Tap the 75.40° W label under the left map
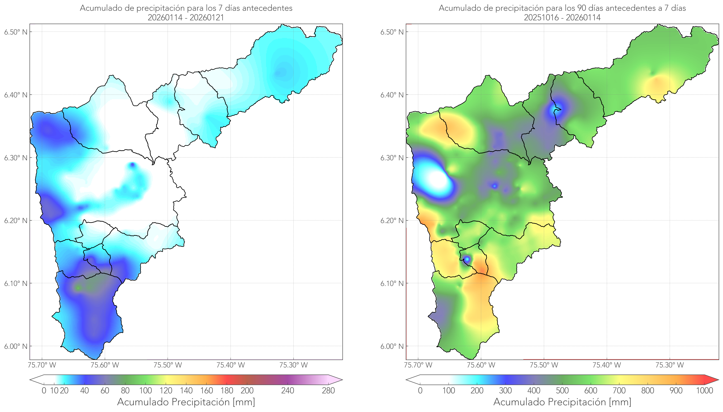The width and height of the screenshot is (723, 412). (230, 365)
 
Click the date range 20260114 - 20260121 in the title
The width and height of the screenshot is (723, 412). (186, 17)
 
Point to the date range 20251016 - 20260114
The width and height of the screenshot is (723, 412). (562, 17)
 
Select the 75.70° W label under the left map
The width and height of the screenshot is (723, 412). (42, 365)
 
